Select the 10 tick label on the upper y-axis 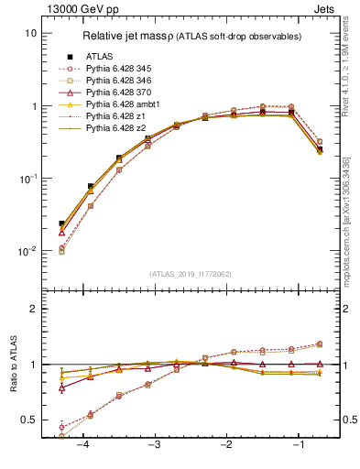pyautogui.click(x=30, y=33)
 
